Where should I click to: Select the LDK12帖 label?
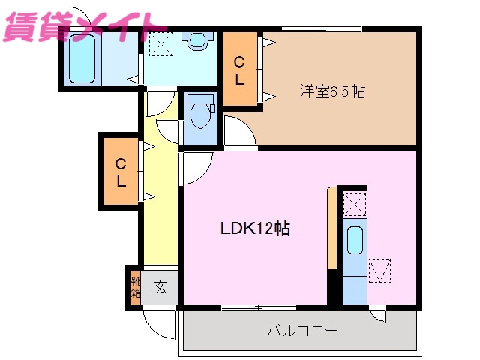tap(255, 229)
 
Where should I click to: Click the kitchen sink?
tap(355, 242)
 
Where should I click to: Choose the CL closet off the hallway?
tap(120, 172)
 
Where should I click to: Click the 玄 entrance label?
tap(160, 286)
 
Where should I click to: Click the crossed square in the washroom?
tap(159, 43)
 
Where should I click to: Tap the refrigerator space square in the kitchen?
tap(379, 270)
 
